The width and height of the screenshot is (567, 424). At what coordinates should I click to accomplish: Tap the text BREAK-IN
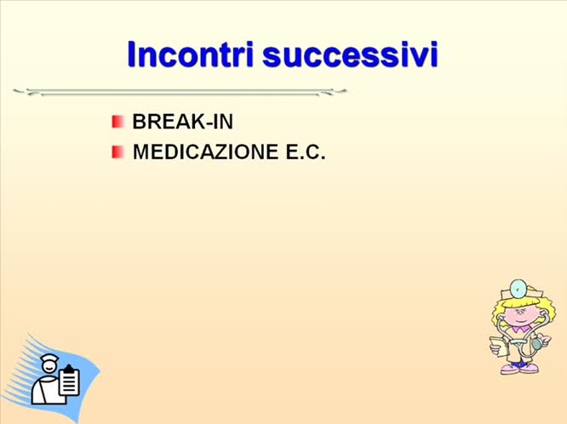[x=182, y=121]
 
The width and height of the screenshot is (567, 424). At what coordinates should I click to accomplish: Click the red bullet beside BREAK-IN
[x=117, y=122]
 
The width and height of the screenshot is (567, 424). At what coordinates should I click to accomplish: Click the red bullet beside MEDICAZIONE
[x=117, y=152]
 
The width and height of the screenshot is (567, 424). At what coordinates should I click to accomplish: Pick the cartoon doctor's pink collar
[x=518, y=328]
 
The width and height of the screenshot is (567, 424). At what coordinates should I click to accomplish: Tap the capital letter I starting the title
[x=133, y=54]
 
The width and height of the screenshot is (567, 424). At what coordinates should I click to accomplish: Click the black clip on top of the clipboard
[x=69, y=370]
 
